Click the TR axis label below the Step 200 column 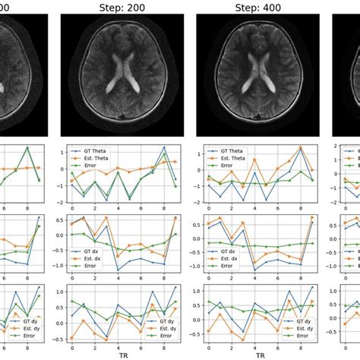pos(127,354)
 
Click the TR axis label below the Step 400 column pos(261,354)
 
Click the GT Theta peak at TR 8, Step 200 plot pos(163,147)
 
